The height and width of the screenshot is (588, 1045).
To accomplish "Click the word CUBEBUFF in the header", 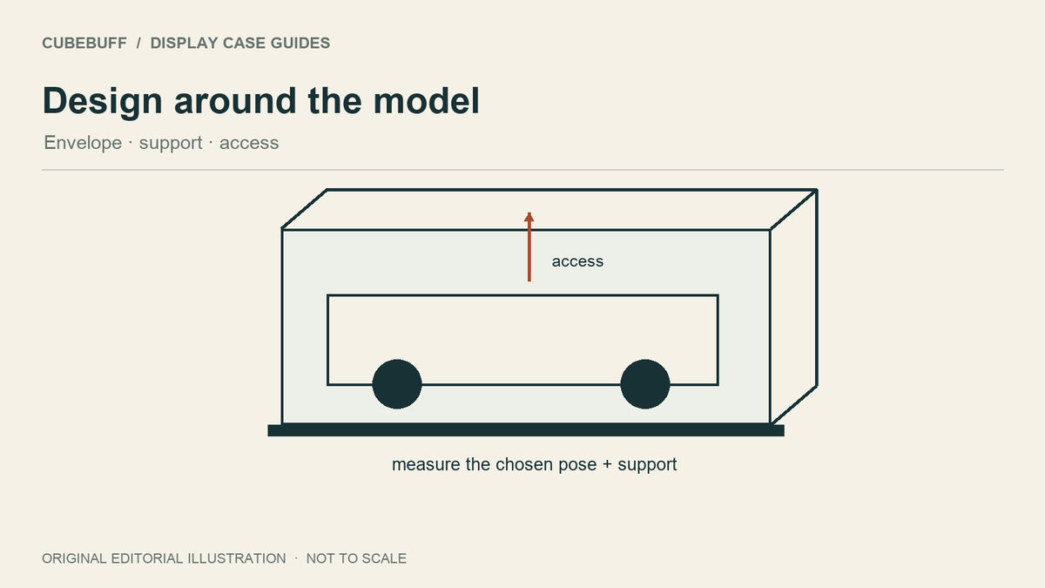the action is click(84, 43).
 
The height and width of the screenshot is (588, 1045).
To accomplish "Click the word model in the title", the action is click(427, 101).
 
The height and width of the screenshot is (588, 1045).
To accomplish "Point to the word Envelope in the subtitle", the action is click(83, 143).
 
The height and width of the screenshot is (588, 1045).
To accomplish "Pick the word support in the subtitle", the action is click(171, 144).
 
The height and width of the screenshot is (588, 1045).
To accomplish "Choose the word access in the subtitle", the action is click(249, 144).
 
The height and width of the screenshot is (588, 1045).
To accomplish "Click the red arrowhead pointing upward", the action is click(529, 217).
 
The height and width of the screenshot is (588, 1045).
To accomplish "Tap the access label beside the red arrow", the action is click(577, 261).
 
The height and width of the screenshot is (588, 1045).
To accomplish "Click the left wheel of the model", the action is click(397, 384).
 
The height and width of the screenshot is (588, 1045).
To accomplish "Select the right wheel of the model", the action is click(645, 384).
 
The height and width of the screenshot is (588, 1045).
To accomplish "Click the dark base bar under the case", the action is click(526, 430).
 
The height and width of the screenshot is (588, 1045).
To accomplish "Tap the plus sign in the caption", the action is click(607, 465).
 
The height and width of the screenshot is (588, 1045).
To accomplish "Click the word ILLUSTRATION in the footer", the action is click(237, 558).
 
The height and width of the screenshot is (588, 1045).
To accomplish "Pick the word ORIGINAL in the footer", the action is click(74, 558).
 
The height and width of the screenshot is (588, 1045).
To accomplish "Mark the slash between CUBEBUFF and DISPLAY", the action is click(138, 43).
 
